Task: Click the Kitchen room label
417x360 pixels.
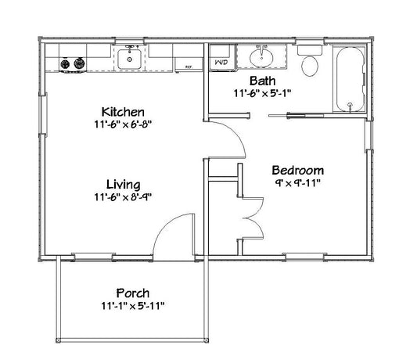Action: pyautogui.click(x=123, y=112)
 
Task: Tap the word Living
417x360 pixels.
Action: pyautogui.click(x=123, y=185)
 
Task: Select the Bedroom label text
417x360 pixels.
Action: pyautogui.click(x=297, y=171)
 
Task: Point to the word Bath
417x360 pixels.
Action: pyautogui.click(x=262, y=81)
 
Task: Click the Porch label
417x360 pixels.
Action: pyautogui.click(x=133, y=293)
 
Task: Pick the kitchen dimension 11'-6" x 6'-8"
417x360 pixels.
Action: pyautogui.click(x=123, y=124)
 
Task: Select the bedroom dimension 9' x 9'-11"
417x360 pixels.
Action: pyautogui.click(x=297, y=183)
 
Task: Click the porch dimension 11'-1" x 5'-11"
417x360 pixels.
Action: pyautogui.click(x=133, y=306)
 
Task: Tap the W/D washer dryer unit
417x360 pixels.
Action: pyautogui.click(x=221, y=59)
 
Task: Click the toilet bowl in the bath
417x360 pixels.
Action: pyautogui.click(x=310, y=67)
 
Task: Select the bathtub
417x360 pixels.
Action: pyautogui.click(x=350, y=79)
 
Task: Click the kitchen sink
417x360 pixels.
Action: pyautogui.click(x=129, y=59)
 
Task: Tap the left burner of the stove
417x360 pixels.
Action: pyautogui.click(x=65, y=64)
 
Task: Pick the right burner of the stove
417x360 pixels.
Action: pyautogui.click(x=79, y=63)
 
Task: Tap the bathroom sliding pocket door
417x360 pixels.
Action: pyautogui.click(x=296, y=116)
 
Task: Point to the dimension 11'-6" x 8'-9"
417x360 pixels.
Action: pyautogui.click(x=123, y=197)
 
